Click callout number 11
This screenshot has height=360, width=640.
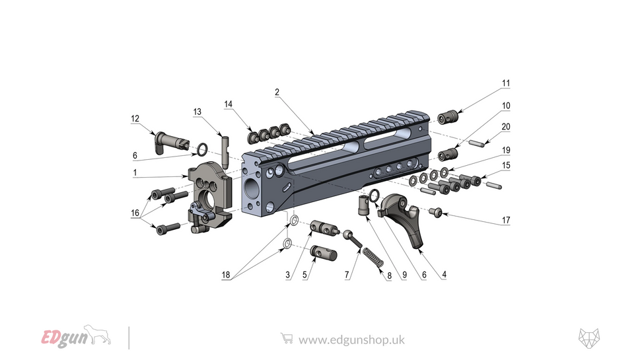506,84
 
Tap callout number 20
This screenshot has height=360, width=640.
506,127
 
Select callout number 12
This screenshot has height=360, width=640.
135,119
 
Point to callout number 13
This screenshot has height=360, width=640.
197,112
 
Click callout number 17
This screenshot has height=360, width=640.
506,220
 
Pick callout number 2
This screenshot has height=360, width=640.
278,92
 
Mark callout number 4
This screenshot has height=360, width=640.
444,274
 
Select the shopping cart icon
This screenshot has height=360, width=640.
287,338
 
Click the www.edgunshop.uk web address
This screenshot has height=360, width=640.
351,340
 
